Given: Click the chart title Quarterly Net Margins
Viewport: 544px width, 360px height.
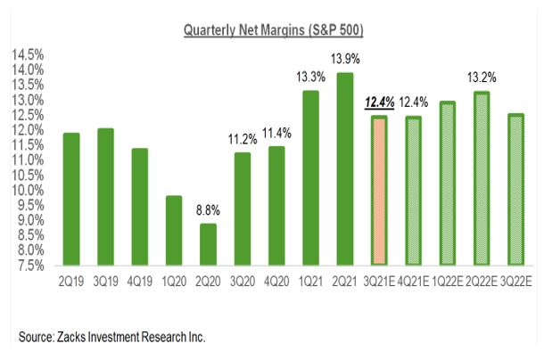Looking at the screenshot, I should [x=273, y=30].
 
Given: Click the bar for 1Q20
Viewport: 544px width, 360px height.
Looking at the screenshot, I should [x=173, y=230].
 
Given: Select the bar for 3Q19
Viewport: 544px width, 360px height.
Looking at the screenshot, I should [x=105, y=196].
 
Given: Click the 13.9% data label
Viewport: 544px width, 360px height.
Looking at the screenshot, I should [x=343, y=59].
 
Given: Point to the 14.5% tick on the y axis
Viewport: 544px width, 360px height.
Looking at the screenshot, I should [x=26, y=54].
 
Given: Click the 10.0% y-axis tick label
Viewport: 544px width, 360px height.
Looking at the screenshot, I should [x=26, y=190].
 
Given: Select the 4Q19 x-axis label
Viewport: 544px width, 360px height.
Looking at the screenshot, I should [x=139, y=280].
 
